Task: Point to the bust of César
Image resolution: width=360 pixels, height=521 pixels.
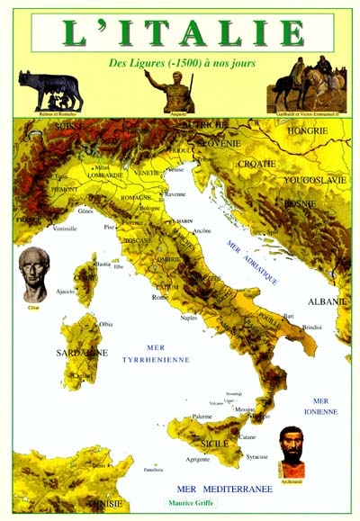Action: [35, 275]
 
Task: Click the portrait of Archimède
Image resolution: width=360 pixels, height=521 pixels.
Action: [291, 450]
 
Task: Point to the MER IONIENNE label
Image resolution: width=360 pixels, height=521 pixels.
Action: [325, 406]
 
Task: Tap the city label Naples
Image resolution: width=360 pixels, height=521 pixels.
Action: [188, 318]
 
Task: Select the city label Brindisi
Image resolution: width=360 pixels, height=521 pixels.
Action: [312, 327]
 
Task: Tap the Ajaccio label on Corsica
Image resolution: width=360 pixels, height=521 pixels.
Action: [66, 292]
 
